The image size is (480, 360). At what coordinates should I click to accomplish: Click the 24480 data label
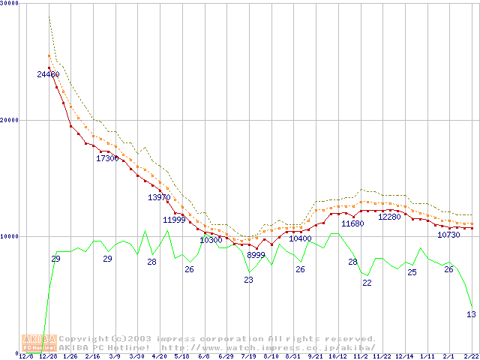(x=48, y=74)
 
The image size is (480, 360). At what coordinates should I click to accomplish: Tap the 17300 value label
(x=107, y=158)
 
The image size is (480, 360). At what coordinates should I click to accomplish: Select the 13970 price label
(x=159, y=197)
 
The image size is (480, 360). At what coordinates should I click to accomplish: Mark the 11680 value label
(x=352, y=223)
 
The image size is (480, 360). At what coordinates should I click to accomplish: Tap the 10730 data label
(x=448, y=235)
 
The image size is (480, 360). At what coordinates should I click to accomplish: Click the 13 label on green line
(x=471, y=314)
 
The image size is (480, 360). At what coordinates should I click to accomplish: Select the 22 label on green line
(x=367, y=283)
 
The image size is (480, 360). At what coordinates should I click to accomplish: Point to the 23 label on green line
(x=248, y=280)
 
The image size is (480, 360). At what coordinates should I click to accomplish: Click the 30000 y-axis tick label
(x=12, y=4)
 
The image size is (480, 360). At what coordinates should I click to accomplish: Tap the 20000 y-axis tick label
(x=12, y=120)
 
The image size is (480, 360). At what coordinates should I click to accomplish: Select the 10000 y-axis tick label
(x=12, y=236)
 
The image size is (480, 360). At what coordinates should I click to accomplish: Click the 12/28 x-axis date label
(x=48, y=356)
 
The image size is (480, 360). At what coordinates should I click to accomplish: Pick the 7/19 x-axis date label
(x=248, y=356)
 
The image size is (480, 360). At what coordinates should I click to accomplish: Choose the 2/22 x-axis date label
(x=470, y=356)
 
